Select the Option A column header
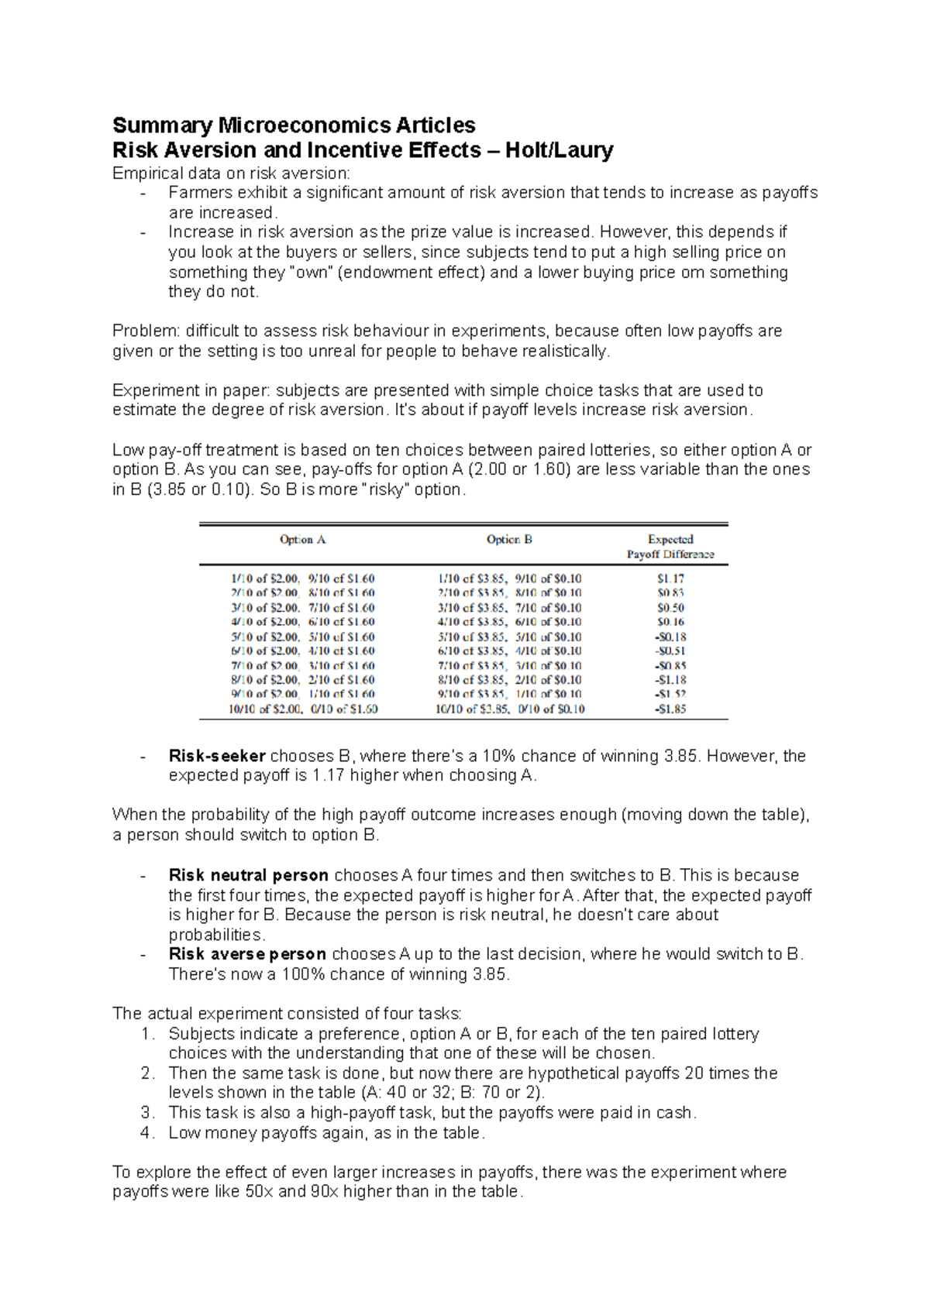coord(302,540)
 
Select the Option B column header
coord(509,540)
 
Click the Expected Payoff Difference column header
coord(670,547)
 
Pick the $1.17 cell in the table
coord(670,579)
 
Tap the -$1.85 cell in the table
coord(670,709)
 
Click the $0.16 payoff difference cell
coord(670,622)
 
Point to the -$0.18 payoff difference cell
coord(670,637)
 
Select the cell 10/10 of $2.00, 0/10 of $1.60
coord(303,709)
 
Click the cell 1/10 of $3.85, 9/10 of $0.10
coord(509,579)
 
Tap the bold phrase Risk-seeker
coord(217,756)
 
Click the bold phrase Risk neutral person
coord(249,875)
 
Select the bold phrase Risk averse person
coord(247,954)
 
